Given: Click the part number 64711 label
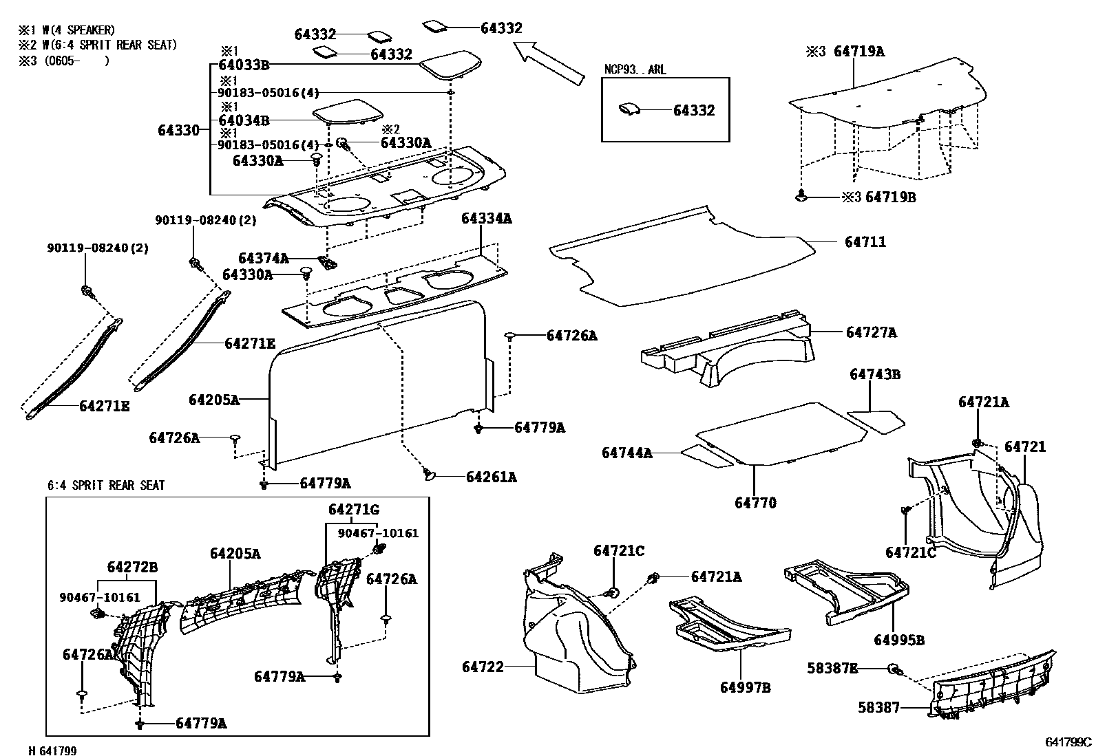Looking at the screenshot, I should (865, 242).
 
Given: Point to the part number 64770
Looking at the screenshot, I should (755, 503).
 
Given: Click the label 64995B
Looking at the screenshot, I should (899, 640).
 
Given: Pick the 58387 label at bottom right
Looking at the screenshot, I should (878, 706).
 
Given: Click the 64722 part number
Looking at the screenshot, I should (483, 667).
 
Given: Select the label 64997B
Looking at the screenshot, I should (746, 687).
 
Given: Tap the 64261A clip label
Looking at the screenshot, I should (491, 477).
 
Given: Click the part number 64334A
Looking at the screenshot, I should (487, 219).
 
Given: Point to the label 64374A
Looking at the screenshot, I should (263, 258).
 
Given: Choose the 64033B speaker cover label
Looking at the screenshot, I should (244, 65).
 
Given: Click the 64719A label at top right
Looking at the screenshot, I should (859, 51).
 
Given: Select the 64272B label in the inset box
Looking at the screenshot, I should (132, 568).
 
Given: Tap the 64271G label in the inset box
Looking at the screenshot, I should (353, 510).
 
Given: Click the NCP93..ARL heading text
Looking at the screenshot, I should (635, 70).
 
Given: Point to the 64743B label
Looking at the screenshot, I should (874, 375).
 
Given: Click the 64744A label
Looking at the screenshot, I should (626, 453).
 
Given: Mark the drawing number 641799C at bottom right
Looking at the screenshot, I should (1068, 742).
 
